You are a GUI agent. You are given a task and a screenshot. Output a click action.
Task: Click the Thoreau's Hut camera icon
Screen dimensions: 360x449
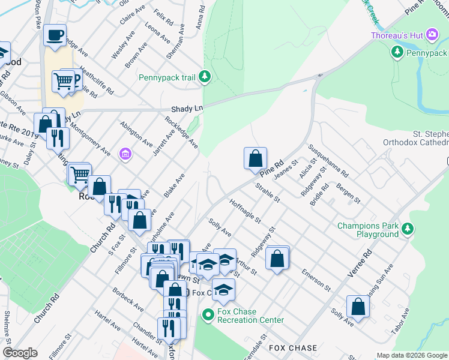tap(430, 35)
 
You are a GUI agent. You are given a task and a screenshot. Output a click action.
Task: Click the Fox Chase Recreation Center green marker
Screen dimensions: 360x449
tap(208, 314)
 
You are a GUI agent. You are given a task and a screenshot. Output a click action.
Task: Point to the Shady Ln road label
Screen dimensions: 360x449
tap(187, 109)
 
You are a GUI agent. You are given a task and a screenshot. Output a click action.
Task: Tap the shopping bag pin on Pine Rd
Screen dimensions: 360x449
tap(255, 158)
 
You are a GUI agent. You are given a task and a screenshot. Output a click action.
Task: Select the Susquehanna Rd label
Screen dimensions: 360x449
tap(328, 159)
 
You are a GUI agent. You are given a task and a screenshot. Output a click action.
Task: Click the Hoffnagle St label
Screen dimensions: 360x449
tap(245, 211)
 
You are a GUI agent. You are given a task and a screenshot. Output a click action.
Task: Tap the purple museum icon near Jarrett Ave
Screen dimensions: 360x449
tap(125, 155)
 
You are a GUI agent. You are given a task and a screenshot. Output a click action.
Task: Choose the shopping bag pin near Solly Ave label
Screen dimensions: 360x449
tap(358, 307)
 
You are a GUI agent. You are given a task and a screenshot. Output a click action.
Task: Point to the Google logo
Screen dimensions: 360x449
tap(20, 353)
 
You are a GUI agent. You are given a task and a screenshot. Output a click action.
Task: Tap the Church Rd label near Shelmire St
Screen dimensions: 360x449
tap(46, 308)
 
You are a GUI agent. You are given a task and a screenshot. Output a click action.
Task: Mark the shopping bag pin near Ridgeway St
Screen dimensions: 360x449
tap(277, 259)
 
